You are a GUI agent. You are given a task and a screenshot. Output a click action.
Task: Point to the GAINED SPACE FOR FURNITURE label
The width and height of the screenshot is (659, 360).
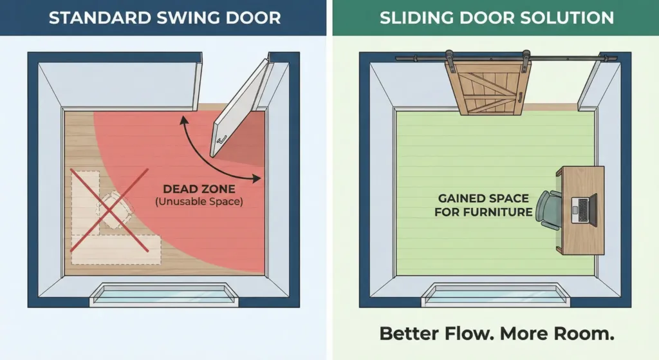483,205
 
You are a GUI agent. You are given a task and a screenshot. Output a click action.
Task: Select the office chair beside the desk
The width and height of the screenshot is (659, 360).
549,210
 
